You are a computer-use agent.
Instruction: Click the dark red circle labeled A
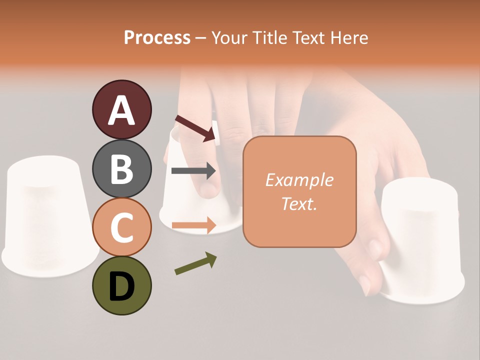tap(121, 110)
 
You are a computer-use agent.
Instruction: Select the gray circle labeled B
tap(121, 168)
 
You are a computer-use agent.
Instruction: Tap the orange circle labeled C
tap(121, 227)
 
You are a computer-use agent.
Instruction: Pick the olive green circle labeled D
tap(121, 285)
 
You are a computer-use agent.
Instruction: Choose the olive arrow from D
tap(195, 263)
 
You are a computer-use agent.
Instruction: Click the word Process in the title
tap(157, 38)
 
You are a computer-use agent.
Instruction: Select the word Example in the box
tap(299, 180)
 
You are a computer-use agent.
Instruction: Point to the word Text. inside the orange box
tap(299, 203)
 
